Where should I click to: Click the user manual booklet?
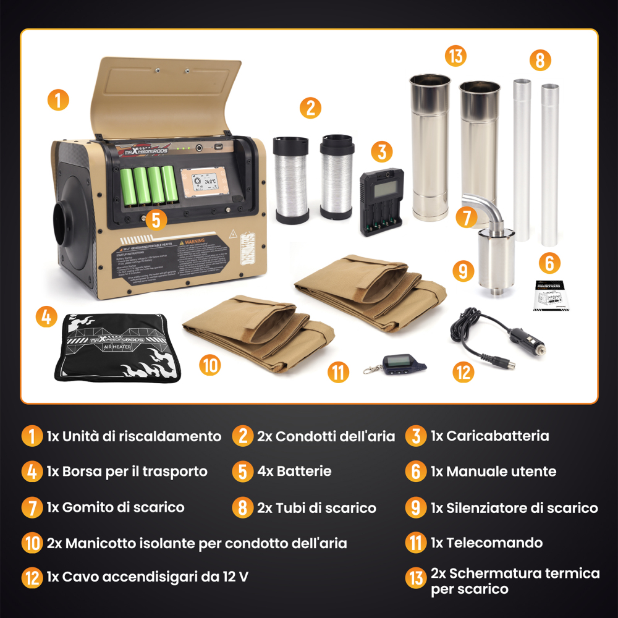[552, 295]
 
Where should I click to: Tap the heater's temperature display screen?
[205, 182]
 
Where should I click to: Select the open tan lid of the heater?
[167, 93]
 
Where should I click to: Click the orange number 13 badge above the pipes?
[455, 56]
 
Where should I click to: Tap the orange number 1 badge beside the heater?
[58, 100]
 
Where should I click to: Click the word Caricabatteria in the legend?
[497, 436]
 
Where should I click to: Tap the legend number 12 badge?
[32, 578]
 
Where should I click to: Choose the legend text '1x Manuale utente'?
[493, 472]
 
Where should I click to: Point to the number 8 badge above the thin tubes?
[540, 61]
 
